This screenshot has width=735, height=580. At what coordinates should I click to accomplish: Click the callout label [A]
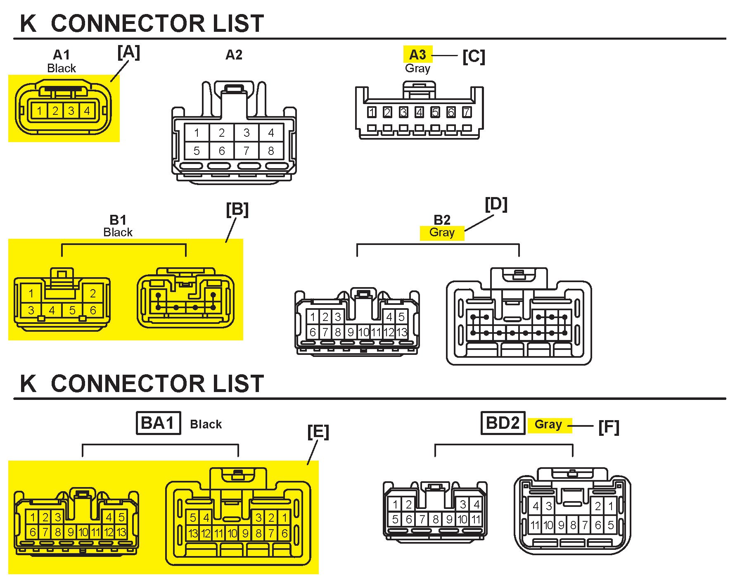coord(128,52)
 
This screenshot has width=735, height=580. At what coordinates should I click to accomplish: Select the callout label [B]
coord(237,209)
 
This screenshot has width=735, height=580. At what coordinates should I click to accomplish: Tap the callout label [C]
coord(473,56)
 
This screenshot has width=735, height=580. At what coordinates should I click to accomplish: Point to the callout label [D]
coord(496,204)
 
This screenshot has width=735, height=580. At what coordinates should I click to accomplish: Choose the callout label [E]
coord(318,432)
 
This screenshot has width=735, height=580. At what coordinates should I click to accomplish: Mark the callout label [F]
coord(609,427)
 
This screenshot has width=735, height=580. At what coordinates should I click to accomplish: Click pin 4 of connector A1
coord(87,111)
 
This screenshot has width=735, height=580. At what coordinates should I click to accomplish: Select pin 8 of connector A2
coord(271,151)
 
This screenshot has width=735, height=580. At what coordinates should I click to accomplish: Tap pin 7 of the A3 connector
coord(467,112)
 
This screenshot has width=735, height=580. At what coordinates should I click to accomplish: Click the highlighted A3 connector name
coord(417,55)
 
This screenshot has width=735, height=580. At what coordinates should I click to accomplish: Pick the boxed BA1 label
coord(158,423)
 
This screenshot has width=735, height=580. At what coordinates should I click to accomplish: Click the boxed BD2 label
coord(503,423)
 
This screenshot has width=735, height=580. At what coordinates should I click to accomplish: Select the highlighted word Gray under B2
coord(442,232)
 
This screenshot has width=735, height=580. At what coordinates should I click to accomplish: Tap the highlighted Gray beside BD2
coord(548,424)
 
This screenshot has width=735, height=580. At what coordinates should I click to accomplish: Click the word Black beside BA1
coord(206,424)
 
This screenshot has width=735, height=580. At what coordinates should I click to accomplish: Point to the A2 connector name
coord(234,55)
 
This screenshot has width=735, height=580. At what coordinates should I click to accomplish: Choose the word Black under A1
coord(62,68)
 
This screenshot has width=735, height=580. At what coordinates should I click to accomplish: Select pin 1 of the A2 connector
coord(197,133)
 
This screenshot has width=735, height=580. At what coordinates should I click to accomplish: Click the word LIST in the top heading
coord(238,24)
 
